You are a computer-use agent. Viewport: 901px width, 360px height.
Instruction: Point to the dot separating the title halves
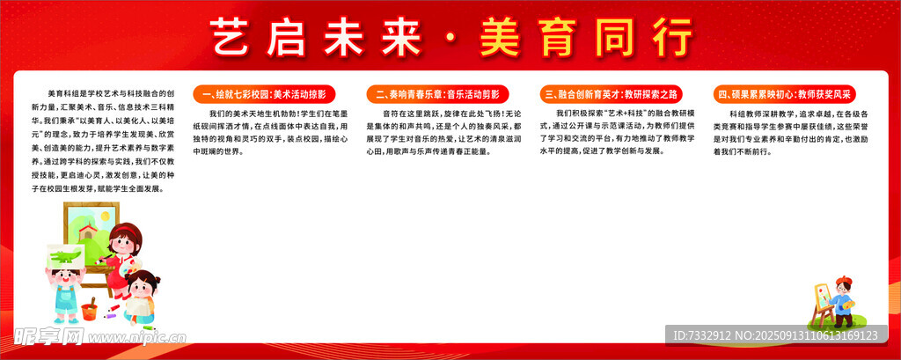tap(451, 40)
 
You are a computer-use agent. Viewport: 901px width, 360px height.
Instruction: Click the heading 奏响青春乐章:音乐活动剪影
tap(437, 92)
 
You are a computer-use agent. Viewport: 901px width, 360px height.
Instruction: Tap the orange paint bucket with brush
tap(90, 309)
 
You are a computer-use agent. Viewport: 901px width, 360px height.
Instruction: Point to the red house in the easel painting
tap(86, 231)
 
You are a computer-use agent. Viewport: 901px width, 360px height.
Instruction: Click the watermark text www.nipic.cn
tap(141, 335)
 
